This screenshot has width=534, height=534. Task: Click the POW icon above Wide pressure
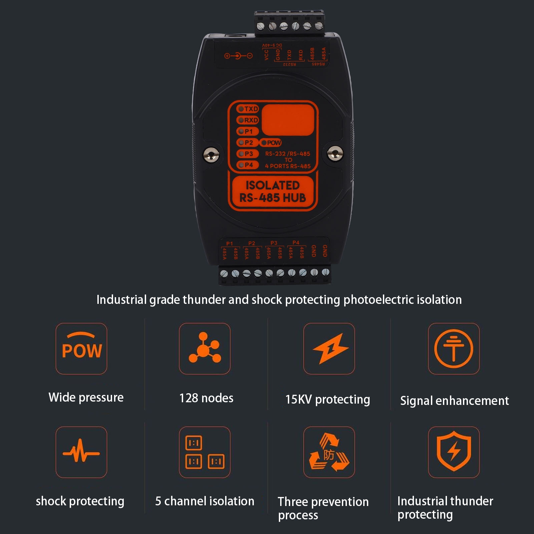click(x=81, y=349)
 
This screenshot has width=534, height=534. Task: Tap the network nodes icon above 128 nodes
click(x=204, y=349)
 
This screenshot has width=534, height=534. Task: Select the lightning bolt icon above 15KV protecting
click(x=329, y=349)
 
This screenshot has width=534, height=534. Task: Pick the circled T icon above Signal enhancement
click(x=454, y=349)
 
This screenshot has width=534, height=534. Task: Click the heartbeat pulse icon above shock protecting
click(x=81, y=452)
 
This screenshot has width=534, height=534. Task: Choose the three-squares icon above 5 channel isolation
click(x=204, y=452)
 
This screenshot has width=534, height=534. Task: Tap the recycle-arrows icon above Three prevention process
click(x=329, y=452)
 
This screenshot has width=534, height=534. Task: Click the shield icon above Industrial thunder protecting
click(x=454, y=452)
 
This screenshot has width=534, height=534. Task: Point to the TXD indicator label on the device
click(x=248, y=109)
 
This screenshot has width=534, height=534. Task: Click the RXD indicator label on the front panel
click(x=248, y=120)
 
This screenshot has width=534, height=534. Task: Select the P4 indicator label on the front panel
click(x=248, y=165)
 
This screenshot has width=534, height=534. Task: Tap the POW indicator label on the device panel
click(x=271, y=143)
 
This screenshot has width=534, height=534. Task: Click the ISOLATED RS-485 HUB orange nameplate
click(x=273, y=192)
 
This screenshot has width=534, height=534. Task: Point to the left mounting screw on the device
click(x=211, y=154)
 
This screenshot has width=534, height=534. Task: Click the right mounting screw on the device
click(x=335, y=153)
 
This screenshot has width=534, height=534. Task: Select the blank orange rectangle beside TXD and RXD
click(x=288, y=120)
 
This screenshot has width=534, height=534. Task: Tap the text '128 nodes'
click(x=206, y=398)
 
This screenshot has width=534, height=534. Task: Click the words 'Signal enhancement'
click(x=454, y=401)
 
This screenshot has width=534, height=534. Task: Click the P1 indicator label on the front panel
click(x=248, y=131)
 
